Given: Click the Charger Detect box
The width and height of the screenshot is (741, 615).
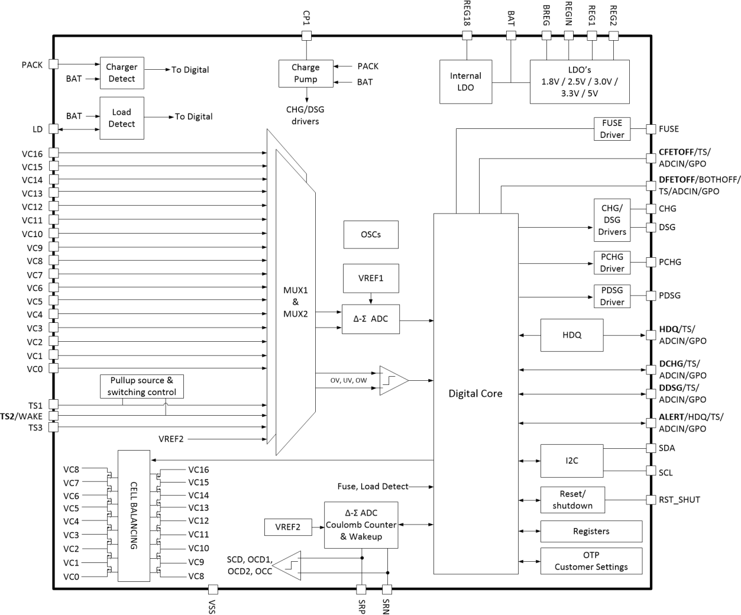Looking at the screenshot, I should pos(122,73).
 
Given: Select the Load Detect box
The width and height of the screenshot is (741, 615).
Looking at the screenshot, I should pos(122,118).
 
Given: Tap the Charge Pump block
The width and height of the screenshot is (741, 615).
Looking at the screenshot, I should pos(306,73).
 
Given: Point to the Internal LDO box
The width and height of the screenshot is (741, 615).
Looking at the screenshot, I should pos(465,82).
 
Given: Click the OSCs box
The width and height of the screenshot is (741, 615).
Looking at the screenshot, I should pos(371,235).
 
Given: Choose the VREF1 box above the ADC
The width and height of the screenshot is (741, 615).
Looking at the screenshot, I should pos(371,279).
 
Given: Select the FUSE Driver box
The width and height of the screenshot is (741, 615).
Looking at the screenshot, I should pos(612,129).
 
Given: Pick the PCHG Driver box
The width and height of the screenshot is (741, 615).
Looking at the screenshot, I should pos(612,263).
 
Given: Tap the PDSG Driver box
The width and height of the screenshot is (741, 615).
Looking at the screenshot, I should pos(612,296).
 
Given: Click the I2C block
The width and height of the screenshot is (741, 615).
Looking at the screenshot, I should pos(572,461).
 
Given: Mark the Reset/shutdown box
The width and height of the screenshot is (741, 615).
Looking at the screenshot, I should pos(572,500).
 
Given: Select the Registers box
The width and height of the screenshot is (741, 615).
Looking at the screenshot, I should pos(591,531).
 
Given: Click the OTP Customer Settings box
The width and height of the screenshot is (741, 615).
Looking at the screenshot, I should pos(591,561).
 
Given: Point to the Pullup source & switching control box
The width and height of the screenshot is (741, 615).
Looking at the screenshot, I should pos(142,386).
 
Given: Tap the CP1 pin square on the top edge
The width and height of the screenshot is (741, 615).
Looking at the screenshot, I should pos(306,35).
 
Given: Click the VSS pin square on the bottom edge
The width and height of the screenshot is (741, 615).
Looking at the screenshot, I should pos(213,589).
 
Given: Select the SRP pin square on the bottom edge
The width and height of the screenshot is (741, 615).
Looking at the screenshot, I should pos(361,589).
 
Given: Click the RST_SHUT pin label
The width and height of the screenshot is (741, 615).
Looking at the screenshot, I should pos(679,500).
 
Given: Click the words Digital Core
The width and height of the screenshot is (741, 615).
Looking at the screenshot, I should pos(475,394).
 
